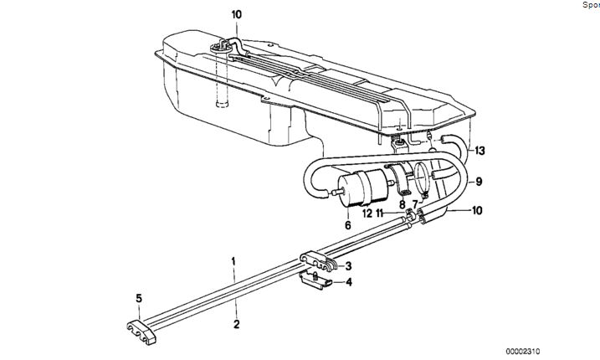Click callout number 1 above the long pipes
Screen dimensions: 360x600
(235, 261)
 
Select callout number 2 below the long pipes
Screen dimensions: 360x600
(236, 323)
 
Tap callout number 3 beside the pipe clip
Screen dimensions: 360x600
(348, 265)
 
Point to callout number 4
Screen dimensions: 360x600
(349, 282)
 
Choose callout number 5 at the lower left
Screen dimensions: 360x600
(139, 296)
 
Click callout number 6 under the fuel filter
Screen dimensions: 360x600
(347, 224)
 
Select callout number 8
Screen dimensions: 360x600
(402, 203)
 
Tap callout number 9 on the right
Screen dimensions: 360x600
(479, 181)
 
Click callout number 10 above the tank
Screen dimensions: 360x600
(236, 14)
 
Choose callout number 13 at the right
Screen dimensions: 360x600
(479, 151)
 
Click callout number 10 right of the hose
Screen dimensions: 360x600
(476, 210)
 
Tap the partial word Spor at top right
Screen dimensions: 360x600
(590, 5)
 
